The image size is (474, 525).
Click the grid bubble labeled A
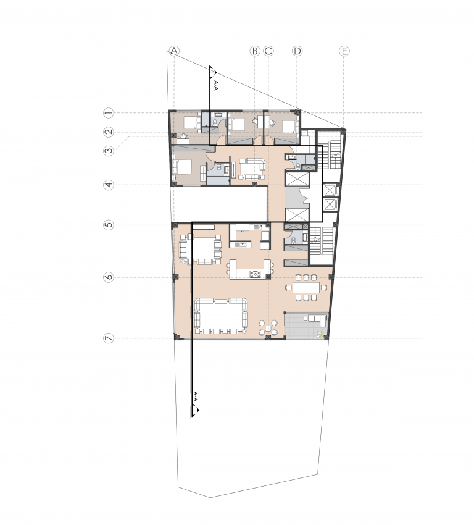click(x=174, y=51)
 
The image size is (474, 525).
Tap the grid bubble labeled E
click(x=344, y=51)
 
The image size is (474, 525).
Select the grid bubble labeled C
click(x=268, y=51)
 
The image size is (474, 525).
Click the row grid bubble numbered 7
click(x=109, y=338)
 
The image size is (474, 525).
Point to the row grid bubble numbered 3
click(x=109, y=151)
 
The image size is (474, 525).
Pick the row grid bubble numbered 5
click(x=109, y=225)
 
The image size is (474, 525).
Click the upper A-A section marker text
click(x=216, y=86)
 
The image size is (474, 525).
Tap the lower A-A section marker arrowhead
click(x=196, y=410)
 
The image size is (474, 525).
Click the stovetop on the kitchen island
click(x=256, y=275)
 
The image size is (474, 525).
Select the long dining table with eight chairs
click(x=306, y=287)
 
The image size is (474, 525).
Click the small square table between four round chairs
click(x=268, y=328)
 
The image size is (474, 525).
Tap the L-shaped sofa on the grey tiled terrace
click(x=317, y=320)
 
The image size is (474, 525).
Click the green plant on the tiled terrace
click(x=321, y=334)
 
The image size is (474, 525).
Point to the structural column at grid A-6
click(x=175, y=277)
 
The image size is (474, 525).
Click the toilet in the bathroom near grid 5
click(x=293, y=240)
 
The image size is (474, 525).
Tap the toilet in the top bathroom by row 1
click(x=215, y=122)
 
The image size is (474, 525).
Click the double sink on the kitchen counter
click(x=241, y=245)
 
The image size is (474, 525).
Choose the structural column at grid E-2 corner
click(x=343, y=130)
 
